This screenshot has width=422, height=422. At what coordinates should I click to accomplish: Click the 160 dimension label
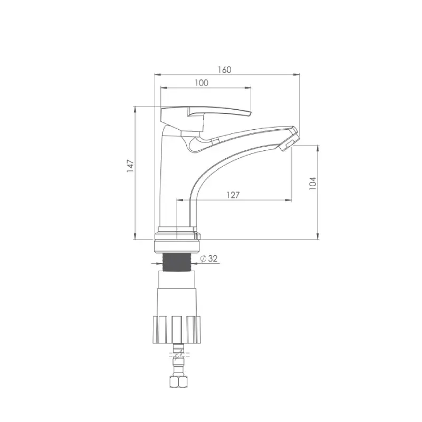coord(225,70)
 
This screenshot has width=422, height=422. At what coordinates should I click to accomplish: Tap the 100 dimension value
coord(202,83)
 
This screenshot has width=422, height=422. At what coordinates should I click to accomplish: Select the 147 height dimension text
coord(130,166)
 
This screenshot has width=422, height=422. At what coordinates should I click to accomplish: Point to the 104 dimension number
coord(312,184)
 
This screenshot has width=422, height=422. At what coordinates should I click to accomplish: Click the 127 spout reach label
coord(233,195)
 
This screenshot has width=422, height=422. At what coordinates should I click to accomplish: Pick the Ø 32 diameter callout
coord(209,258)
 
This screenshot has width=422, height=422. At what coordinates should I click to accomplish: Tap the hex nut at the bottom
coord(178,382)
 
